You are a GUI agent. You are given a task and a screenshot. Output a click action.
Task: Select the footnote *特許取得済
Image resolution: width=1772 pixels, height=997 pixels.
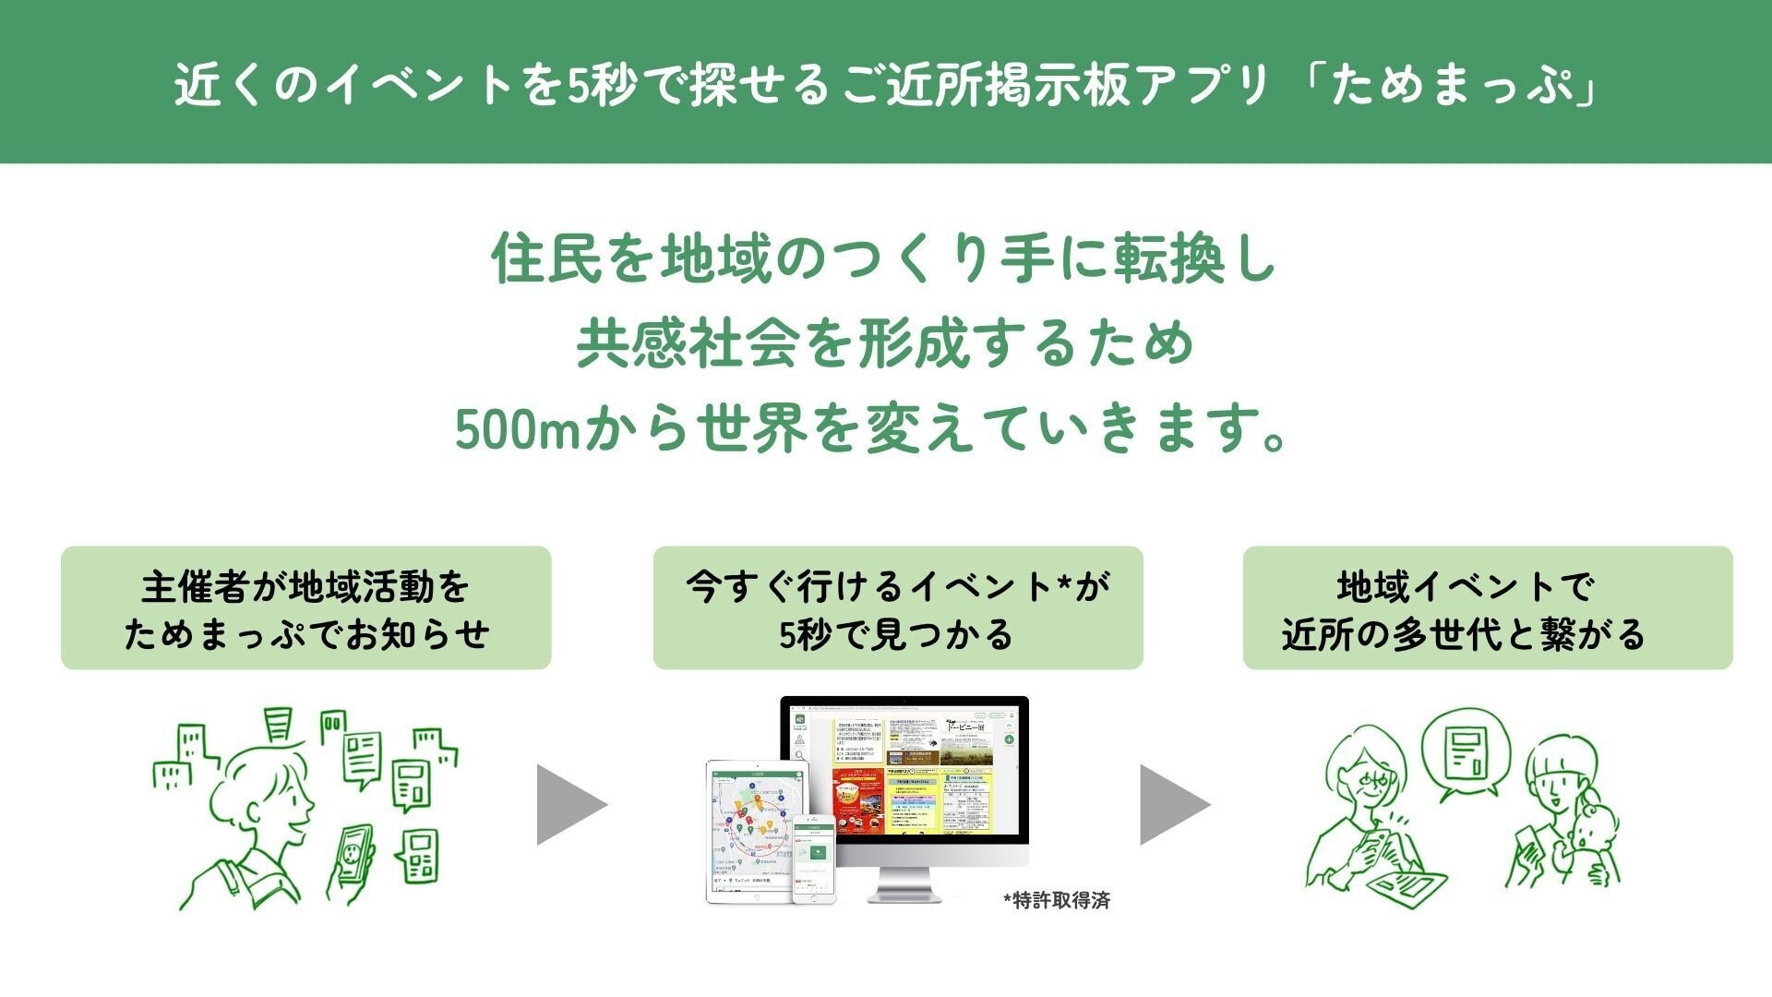1056,901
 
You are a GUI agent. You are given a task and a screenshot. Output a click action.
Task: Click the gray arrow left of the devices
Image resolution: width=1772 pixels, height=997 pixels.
569,804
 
